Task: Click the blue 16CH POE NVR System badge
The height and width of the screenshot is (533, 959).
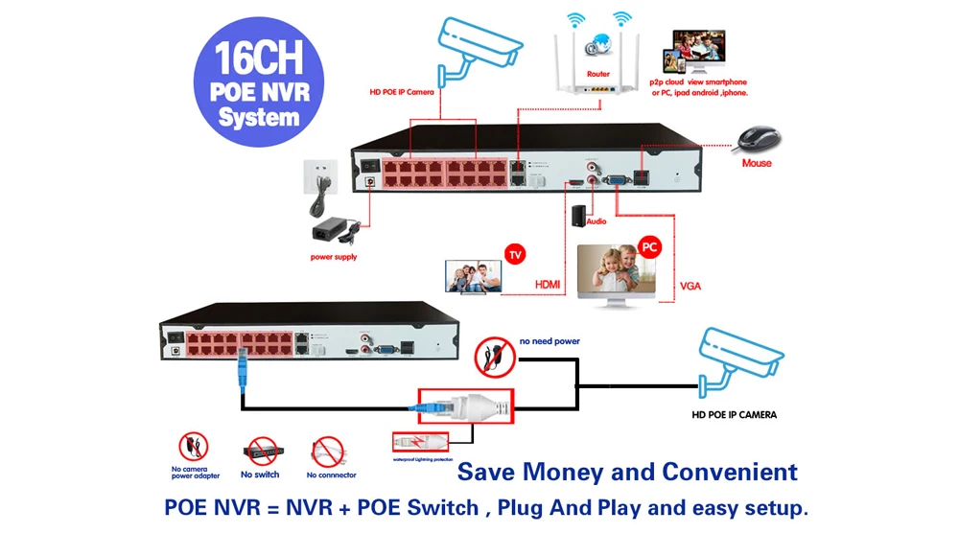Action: click(x=258, y=83)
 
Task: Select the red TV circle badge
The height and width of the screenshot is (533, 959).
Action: click(x=515, y=255)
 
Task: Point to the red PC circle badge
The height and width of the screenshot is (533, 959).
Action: click(x=650, y=246)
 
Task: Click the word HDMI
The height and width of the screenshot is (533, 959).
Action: click(x=548, y=285)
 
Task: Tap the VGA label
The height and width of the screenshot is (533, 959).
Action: click(x=690, y=285)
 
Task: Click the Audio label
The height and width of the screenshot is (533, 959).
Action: click(x=596, y=221)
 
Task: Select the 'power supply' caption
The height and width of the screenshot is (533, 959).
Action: click(x=334, y=257)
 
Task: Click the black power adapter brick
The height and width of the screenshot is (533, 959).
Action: click(x=331, y=233)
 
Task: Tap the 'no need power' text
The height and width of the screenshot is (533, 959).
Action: click(x=550, y=340)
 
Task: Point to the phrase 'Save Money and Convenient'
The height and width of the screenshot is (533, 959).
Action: click(x=627, y=472)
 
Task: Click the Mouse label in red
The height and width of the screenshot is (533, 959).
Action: click(x=757, y=164)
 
